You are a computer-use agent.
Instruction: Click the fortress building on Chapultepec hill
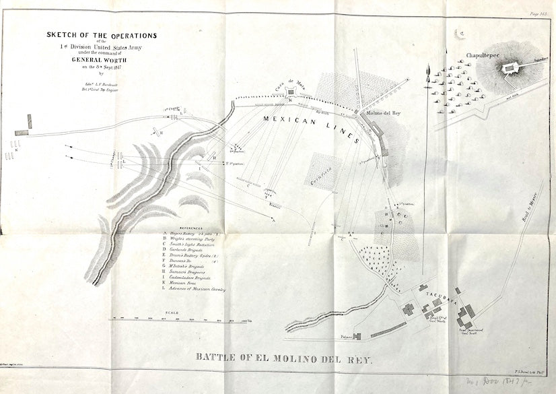coord(511,67)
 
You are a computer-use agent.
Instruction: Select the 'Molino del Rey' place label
coord(384,112)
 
